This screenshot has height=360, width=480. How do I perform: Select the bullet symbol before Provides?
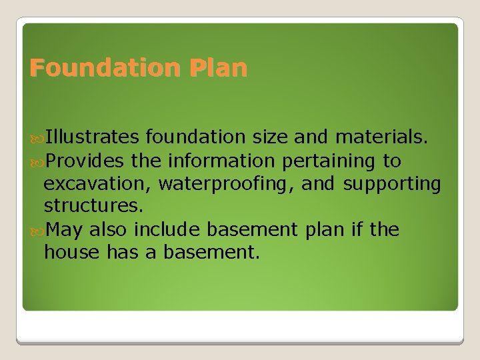coord(37,161)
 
